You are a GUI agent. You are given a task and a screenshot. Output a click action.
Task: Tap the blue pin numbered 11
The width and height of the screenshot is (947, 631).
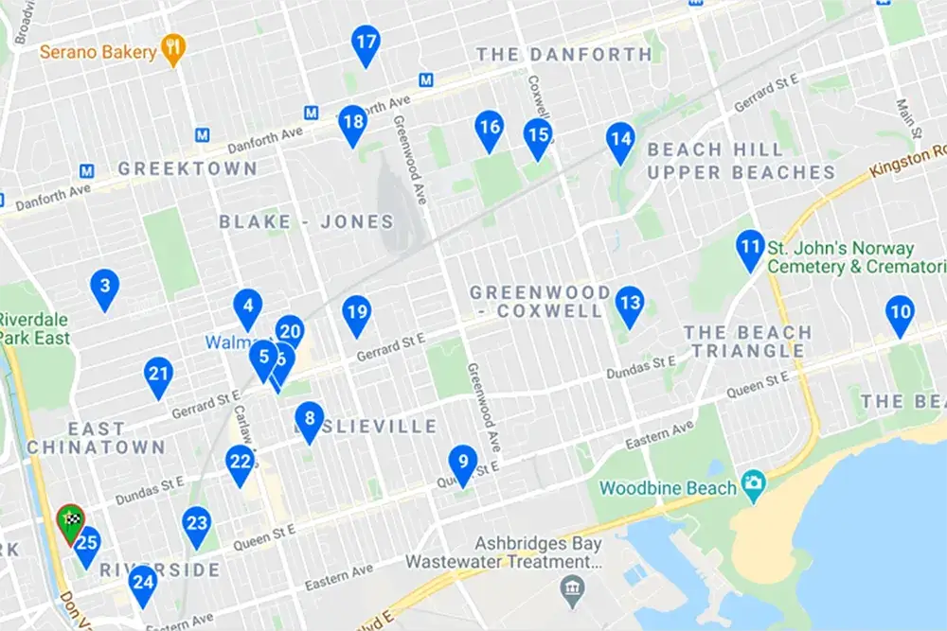(750, 249)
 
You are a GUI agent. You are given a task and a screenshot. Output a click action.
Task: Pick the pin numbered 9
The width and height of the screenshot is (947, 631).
(462, 464)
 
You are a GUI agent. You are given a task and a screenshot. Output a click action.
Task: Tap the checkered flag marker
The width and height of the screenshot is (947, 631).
(70, 520)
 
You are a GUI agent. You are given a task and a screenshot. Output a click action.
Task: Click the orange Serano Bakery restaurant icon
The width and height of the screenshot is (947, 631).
(172, 50)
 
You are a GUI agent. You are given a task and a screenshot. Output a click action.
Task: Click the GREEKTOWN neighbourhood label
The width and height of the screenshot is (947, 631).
(188, 168)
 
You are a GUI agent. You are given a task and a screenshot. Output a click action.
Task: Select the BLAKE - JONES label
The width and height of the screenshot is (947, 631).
(306, 222)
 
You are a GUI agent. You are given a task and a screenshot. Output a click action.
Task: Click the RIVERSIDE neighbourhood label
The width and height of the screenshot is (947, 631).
(160, 570)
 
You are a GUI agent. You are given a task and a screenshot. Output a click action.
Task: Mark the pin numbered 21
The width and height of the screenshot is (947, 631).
(159, 376)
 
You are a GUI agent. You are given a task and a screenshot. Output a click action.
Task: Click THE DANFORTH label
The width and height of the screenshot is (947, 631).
(564, 54)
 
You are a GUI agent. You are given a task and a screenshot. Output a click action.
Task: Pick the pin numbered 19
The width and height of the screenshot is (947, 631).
(356, 313)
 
